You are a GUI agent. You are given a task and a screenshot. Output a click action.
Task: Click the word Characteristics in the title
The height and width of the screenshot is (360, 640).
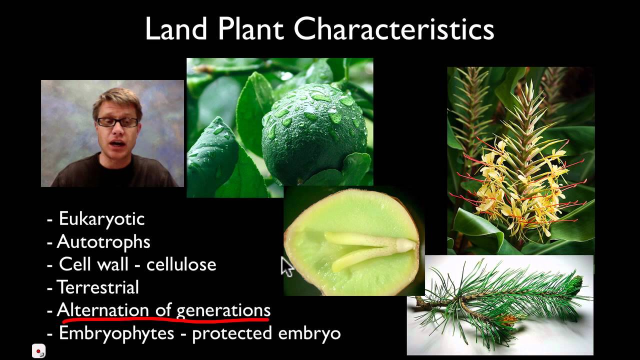(x=393, y=29)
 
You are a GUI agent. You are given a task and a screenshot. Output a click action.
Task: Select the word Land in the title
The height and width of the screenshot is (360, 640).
(x=175, y=29)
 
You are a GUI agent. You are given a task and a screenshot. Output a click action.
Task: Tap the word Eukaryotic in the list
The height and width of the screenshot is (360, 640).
(x=101, y=218)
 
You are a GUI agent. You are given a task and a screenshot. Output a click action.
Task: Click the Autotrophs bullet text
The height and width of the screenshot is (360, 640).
(x=103, y=242)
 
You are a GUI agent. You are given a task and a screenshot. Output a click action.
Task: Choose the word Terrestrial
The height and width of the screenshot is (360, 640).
(x=98, y=287)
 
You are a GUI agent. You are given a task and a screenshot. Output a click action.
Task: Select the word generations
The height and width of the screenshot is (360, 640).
(x=223, y=310)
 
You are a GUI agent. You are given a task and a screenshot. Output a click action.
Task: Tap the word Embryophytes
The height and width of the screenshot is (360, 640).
(x=116, y=333)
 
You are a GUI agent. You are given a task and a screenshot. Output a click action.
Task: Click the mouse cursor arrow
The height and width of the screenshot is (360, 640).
(x=287, y=266)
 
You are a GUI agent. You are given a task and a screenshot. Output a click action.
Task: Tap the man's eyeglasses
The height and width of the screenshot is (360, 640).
(x=117, y=122)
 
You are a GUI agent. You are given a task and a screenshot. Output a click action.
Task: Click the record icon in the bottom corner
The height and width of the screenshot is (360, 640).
(x=39, y=351)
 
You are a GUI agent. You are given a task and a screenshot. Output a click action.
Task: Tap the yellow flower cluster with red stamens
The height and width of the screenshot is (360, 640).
(x=520, y=185)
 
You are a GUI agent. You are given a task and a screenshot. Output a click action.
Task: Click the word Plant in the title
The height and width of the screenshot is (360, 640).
(x=250, y=29)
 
